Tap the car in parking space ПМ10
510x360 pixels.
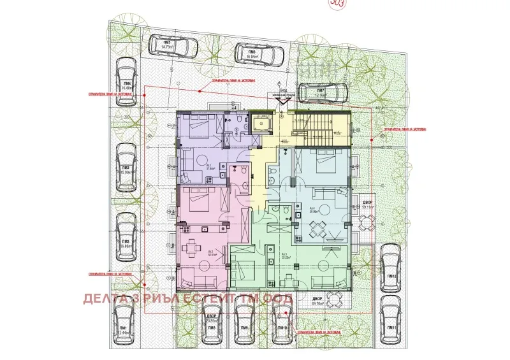tap(281, 321)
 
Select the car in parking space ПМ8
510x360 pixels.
tap(245, 321)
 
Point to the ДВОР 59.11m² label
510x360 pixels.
tap(368, 205)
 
